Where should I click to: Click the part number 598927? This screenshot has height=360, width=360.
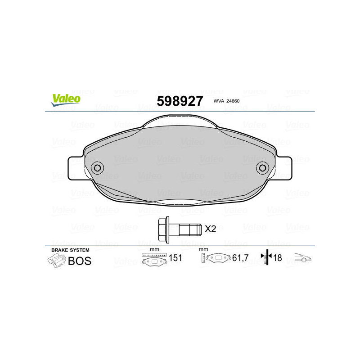pyautogui.click(x=180, y=101)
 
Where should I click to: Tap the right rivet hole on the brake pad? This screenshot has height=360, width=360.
pyautogui.click(x=262, y=168)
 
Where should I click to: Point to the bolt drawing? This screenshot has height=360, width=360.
pyautogui.click(x=179, y=228)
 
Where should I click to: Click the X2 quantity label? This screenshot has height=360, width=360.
pyautogui.click(x=211, y=229)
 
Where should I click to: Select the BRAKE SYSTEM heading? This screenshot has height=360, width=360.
pyautogui.click(x=70, y=250)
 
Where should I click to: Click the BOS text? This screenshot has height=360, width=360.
pyautogui.click(x=79, y=261)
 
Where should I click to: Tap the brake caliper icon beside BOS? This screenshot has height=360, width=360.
pyautogui.click(x=56, y=260)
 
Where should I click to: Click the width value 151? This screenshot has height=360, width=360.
pyautogui.click(x=175, y=258)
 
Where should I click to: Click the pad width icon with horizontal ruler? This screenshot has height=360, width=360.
pyautogui.click(x=154, y=259)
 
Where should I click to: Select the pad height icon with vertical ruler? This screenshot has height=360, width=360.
pyautogui.click(x=216, y=258)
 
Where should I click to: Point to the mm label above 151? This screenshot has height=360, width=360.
pyautogui.click(x=154, y=250)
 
